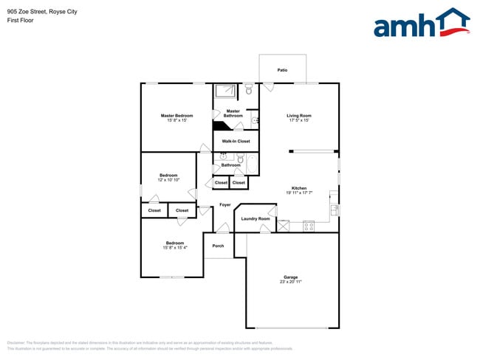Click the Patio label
pos(282,70)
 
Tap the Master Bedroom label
pos(176,116)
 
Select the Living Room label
pos(299,116)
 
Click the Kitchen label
pos(299,188)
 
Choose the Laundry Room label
pos(256,219)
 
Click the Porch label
pos(218,246)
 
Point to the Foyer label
pos(224,204)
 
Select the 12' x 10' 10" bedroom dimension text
pos(168,180)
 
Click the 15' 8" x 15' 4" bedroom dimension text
pos(174,248)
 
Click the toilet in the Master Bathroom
pos(248,91)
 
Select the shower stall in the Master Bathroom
pos(224,91)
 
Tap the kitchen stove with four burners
pos(309,226)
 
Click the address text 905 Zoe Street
pos(29,12)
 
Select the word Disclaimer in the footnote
pos(16,342)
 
